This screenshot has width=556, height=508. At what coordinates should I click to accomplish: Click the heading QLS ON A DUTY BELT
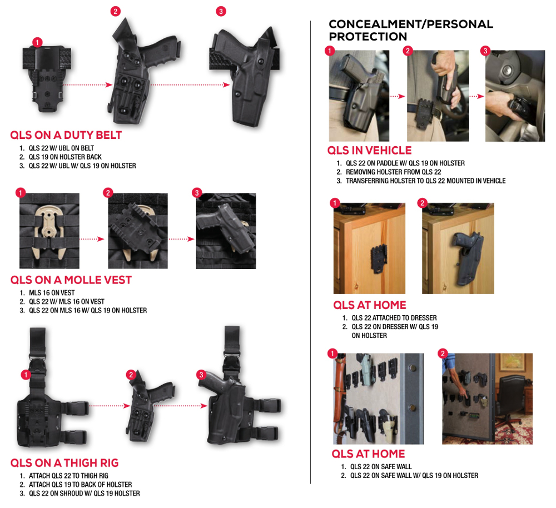pos(66,135)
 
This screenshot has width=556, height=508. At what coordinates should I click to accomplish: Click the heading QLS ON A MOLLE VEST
pos(71,280)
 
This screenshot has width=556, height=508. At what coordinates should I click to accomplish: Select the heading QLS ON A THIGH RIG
pos(64,463)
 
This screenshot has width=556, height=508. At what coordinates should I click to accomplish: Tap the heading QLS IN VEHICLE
pos(370,150)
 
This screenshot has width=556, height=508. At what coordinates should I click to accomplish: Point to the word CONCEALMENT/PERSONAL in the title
pos(411,24)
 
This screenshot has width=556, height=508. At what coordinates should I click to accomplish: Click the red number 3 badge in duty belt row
pos(221,11)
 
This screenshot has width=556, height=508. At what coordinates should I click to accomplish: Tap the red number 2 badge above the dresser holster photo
pos(422,203)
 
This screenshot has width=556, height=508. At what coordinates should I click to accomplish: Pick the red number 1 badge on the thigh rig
pos(26,375)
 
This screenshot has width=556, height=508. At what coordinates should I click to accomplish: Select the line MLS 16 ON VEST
pos(52,293)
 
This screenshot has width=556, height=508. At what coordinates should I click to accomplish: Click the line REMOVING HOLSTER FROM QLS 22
pos(394,172)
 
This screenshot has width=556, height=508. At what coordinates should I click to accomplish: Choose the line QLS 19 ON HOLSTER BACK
pos(65,157)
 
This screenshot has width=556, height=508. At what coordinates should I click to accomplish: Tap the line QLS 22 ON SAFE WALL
pos(381,467)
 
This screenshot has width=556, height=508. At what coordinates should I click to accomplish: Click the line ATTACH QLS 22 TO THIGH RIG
pos(68,476)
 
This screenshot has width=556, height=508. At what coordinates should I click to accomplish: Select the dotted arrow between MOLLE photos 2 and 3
pos(182,239)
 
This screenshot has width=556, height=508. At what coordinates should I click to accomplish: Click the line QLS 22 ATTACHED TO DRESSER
pos(394,318)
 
